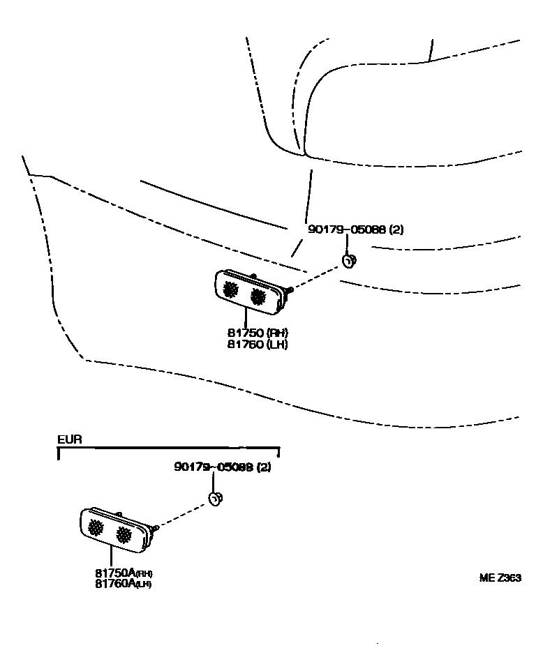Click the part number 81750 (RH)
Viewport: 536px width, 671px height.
pos(258,333)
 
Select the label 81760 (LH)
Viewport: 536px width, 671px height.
pos(258,344)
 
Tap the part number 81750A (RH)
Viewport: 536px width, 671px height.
pos(124,573)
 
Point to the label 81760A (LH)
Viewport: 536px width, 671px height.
pos(124,584)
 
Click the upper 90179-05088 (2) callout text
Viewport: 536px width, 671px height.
pos(355,229)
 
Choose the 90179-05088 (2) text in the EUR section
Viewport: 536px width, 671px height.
pos(222,467)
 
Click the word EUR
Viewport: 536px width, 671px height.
pos(70,440)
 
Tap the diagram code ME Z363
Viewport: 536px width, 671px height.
pos(500,578)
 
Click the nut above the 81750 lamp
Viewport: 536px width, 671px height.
pos(348,262)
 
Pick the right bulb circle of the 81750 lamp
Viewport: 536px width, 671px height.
pos(258,296)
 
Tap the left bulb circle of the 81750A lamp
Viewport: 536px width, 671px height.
pos(96,529)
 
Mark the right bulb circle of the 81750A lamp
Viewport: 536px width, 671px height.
pos(124,534)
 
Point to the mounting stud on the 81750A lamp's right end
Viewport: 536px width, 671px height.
pos(157,527)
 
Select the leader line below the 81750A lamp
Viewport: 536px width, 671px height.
pos(112,556)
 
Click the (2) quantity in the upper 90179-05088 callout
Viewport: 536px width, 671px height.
pos(396,229)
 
